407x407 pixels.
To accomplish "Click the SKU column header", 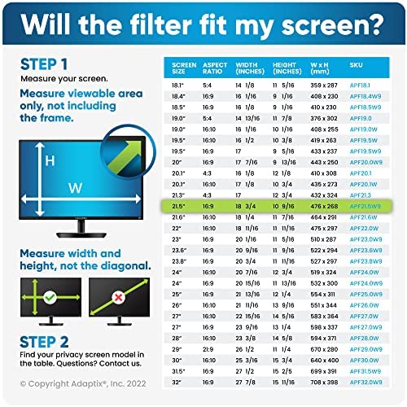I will tap(356, 64).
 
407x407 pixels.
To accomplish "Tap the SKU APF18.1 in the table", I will tap(360, 84).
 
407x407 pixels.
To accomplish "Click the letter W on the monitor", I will tap(76, 188).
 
